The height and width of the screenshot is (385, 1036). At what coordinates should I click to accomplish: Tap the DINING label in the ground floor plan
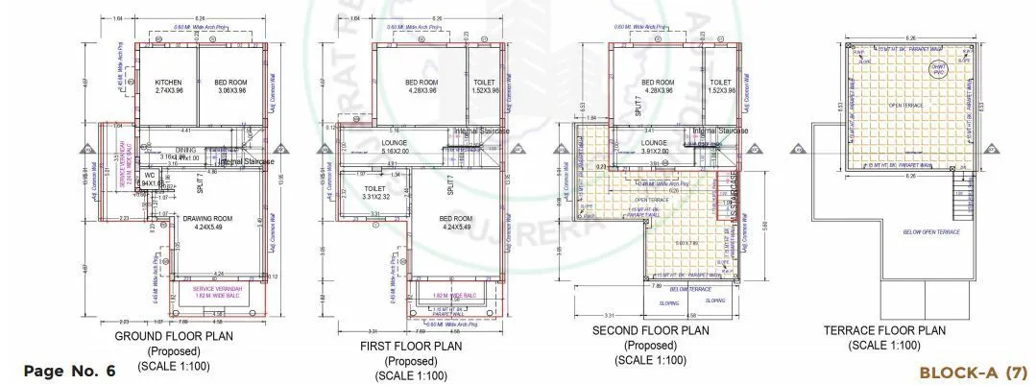coord(185,150)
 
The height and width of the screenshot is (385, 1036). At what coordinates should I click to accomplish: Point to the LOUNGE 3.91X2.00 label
coord(654,147)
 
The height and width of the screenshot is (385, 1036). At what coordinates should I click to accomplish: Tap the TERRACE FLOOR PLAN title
coord(884,330)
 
